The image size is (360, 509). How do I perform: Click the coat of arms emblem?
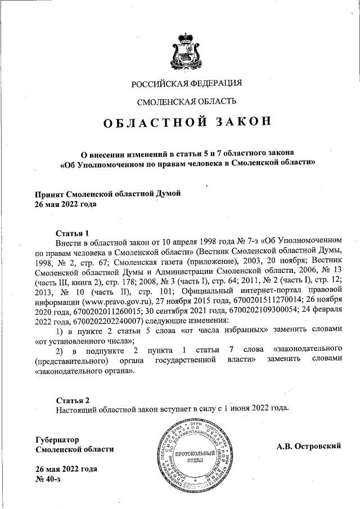[x=186, y=49]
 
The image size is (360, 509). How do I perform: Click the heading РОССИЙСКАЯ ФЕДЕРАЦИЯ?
[x=187, y=84]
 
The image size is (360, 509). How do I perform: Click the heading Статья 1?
[x=73, y=233]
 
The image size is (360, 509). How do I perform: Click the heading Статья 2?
[x=73, y=400]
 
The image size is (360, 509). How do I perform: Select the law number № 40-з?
[x=47, y=479]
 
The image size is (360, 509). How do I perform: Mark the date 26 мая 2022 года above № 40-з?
[x=66, y=469]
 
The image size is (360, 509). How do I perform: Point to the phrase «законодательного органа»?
[x=84, y=371]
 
